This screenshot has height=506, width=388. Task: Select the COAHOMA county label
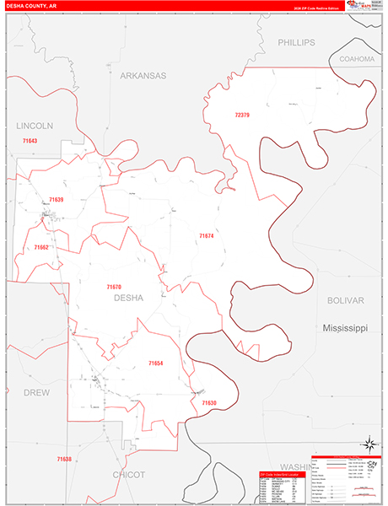point(356,59)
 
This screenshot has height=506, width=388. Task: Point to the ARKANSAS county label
point(143,75)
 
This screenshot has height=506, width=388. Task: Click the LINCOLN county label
point(35,125)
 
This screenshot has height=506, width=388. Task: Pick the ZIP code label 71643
point(30,140)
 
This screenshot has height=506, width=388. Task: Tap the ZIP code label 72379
point(243,115)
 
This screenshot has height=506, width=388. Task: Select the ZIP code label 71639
point(56,199)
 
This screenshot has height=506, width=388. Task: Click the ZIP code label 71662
point(40,248)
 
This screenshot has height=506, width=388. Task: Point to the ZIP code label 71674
point(206,236)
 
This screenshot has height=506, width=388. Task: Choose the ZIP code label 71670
point(114,287)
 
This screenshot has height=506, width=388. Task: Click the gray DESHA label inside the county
point(128,298)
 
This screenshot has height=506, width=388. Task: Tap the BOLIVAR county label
point(346,300)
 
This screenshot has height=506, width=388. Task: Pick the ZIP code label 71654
point(155,363)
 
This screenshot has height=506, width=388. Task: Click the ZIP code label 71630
point(209,403)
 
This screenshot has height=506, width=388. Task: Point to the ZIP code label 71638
point(64,459)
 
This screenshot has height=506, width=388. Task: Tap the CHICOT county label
point(129,475)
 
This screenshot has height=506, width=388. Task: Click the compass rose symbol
point(369,443)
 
